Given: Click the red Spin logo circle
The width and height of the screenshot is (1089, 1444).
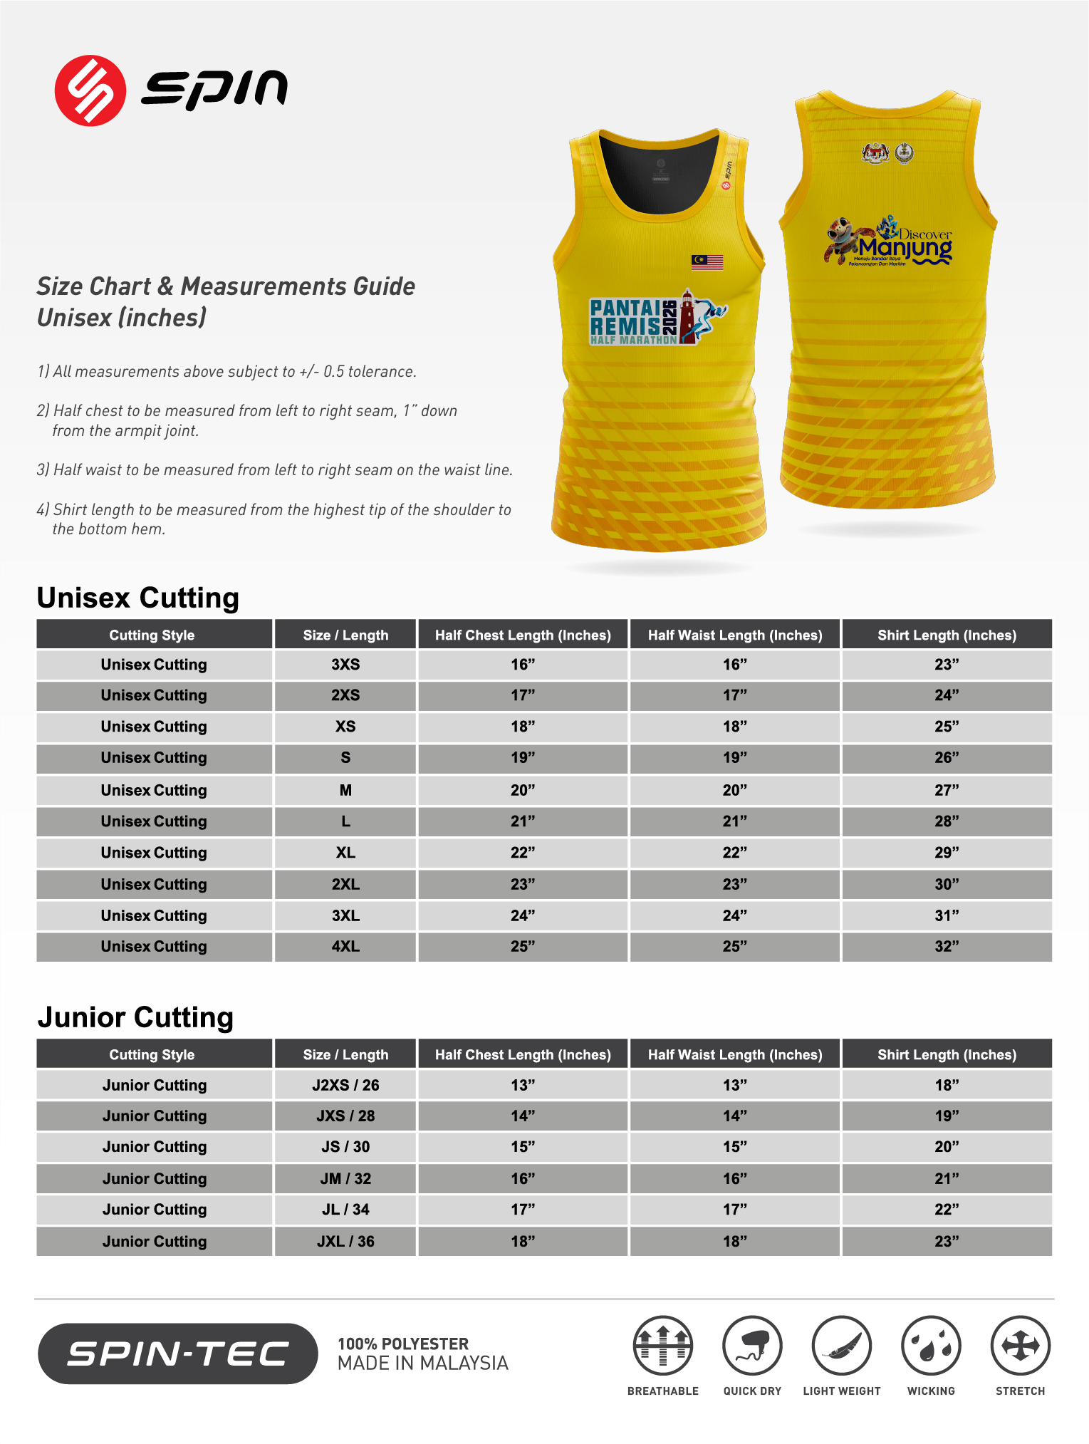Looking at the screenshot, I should [x=90, y=90].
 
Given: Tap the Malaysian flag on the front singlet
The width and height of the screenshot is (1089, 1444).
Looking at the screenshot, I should [x=707, y=262].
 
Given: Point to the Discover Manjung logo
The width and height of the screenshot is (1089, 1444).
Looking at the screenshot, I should [x=890, y=241].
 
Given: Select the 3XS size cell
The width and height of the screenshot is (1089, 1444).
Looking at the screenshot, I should [x=345, y=665].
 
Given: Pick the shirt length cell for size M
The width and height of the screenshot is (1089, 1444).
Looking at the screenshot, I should [x=947, y=790].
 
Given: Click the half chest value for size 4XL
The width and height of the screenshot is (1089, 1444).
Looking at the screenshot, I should [x=522, y=947].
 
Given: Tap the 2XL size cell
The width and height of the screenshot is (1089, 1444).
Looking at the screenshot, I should [x=345, y=884].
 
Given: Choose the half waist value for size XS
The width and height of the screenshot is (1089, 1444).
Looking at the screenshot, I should [x=734, y=727].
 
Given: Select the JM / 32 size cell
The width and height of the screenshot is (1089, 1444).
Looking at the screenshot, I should [x=345, y=1178].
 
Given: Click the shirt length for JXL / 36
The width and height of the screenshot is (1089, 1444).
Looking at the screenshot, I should [x=947, y=1241].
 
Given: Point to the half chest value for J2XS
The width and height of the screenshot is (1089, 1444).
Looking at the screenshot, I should [x=522, y=1085].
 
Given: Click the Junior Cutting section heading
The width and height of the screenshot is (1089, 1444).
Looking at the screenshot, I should [x=135, y=1017].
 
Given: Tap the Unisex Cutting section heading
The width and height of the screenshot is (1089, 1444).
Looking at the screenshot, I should [x=137, y=598].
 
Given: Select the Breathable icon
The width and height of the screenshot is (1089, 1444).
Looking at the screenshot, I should [x=662, y=1346].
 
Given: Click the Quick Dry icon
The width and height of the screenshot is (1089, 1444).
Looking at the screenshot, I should [x=752, y=1346].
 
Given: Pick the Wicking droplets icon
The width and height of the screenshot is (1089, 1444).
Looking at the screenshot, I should [x=931, y=1346].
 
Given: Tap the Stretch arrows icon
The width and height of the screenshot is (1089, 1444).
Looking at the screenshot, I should [x=1020, y=1346].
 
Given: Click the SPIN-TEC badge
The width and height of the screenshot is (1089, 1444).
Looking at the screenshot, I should [x=177, y=1354].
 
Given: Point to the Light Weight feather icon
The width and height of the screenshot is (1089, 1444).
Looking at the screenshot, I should [x=842, y=1346].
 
